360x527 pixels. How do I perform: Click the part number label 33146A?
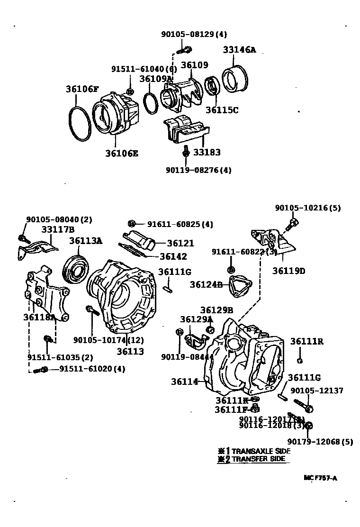pyautogui.click(x=239, y=49)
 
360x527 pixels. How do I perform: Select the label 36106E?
pyautogui.click(x=122, y=154)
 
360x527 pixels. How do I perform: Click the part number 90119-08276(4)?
pyautogui.click(x=198, y=170)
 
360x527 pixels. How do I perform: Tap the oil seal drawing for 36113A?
pyautogui.click(x=75, y=272)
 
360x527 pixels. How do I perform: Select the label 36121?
pyautogui.click(x=180, y=243)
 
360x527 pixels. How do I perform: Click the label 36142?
pyautogui.click(x=173, y=256)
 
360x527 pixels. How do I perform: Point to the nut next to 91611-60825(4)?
pyautogui.click(x=133, y=224)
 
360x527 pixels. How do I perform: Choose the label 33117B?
pyautogui.click(x=57, y=229)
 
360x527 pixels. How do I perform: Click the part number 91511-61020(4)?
pyautogui.click(x=92, y=369)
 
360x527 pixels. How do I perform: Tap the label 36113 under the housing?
pyautogui.click(x=130, y=351)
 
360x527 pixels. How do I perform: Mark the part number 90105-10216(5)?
pyautogui.click(x=308, y=208)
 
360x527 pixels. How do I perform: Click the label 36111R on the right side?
pyautogui.click(x=306, y=341)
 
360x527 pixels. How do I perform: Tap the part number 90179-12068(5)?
pyautogui.click(x=320, y=442)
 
